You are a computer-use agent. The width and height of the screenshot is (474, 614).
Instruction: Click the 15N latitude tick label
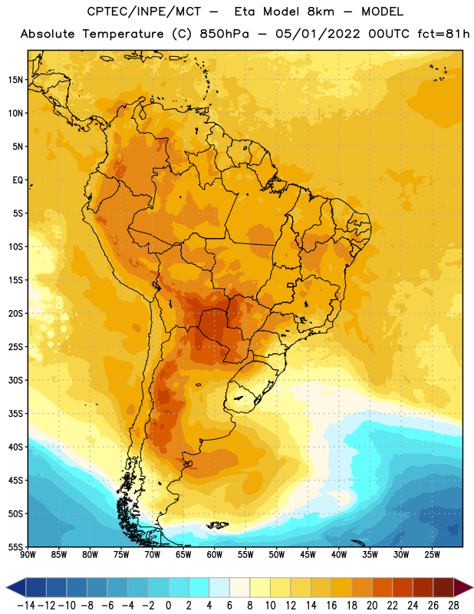point(15,80)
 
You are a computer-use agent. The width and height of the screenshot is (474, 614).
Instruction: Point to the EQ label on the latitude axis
point(18,180)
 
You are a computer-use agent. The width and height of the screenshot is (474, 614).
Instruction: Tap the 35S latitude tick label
point(15,414)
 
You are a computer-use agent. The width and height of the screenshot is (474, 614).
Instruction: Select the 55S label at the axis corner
point(15,546)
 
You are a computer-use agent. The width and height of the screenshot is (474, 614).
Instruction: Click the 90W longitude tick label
point(28,554)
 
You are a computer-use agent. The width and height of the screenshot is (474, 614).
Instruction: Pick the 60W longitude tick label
point(215,554)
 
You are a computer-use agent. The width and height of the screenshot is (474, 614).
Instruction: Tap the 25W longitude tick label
point(432,554)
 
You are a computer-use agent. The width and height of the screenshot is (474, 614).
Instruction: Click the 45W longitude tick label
point(308,554)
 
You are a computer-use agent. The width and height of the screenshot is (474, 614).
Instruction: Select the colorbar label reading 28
point(453,606)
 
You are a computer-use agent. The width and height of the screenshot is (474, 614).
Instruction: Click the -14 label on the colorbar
point(26,606)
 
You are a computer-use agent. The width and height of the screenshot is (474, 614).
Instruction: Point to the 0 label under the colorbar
point(168,606)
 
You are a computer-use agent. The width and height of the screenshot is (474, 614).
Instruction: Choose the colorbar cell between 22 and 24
point(403,587)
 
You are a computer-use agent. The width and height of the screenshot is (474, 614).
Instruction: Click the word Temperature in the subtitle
point(123,34)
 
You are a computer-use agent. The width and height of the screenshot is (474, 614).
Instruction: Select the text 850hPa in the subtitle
point(224,34)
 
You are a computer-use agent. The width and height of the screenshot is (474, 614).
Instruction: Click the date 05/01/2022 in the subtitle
point(318,34)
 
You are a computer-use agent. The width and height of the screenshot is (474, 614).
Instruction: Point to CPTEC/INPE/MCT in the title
point(143,12)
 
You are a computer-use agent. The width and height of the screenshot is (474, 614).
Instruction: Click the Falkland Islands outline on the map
point(218,525)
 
